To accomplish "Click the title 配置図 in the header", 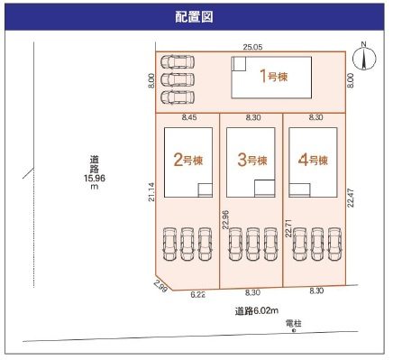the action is pyautogui.click(x=196, y=17).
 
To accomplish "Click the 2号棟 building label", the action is pyautogui.click(x=187, y=161).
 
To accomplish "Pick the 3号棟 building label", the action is pyautogui.click(x=251, y=161).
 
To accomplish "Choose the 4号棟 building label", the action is pyautogui.click(x=313, y=161).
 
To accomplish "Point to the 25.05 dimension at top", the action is pyautogui.click(x=252, y=45).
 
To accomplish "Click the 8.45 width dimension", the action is pyautogui.click(x=189, y=117).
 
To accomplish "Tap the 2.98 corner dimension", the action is pyautogui.click(x=160, y=286).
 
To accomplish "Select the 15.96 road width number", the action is pyautogui.click(x=94, y=178).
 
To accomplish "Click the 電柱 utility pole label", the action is pyautogui.click(x=292, y=322).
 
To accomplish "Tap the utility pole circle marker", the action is pyautogui.click(x=293, y=330).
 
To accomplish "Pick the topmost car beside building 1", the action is pyautogui.click(x=178, y=62).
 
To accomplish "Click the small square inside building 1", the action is pyautogui.click(x=239, y=64).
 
